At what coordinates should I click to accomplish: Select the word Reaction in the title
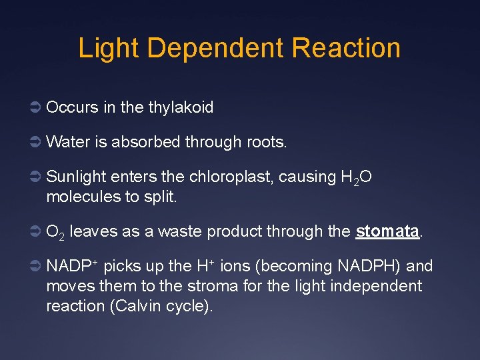[x=346, y=49]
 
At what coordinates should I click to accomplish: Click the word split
[x=161, y=198]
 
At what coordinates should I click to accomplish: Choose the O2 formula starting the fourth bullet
[x=55, y=233]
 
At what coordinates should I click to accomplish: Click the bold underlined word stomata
[x=387, y=231]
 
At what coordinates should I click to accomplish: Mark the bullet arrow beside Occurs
[x=37, y=107]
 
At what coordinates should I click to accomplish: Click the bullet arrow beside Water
[x=37, y=141]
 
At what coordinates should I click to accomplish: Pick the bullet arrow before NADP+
[x=37, y=267]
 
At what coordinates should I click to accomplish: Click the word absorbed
[x=146, y=141]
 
